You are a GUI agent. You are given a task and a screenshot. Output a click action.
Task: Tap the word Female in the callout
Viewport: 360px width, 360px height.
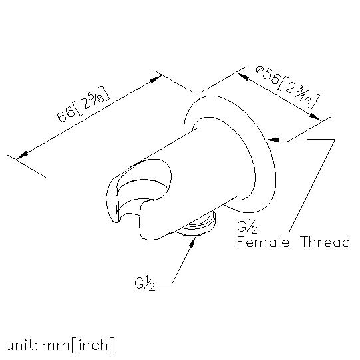(263, 242)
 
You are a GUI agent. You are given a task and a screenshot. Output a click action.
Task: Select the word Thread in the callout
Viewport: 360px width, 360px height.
(325, 242)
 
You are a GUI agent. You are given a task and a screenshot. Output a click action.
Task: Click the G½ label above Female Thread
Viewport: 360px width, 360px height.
(247, 227)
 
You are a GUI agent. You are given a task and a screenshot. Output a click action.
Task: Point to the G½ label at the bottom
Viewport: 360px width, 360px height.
(144, 284)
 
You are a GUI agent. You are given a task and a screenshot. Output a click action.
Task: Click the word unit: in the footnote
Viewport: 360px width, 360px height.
(22, 345)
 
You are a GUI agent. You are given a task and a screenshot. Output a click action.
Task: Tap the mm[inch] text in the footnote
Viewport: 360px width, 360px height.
(78, 345)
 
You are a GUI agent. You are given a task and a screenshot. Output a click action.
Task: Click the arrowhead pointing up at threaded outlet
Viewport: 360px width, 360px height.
(192, 242)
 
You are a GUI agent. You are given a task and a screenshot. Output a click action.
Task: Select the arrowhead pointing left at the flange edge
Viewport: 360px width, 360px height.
(273, 140)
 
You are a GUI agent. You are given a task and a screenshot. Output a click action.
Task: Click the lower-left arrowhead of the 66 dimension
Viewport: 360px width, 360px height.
(22, 155)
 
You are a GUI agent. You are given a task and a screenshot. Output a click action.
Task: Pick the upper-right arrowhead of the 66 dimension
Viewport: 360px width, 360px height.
(156, 79)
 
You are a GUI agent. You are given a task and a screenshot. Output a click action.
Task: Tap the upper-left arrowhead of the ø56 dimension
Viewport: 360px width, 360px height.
(243, 77)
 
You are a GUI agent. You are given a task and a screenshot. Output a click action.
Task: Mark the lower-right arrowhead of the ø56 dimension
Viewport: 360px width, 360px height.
(315, 116)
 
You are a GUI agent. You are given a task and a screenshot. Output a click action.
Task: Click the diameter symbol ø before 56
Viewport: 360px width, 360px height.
(260, 70)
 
